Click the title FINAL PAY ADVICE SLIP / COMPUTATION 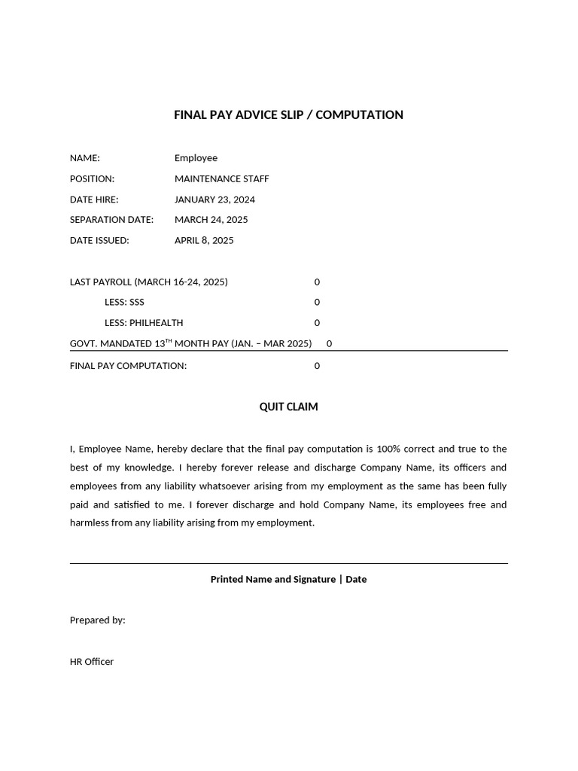point(288,115)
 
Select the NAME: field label point(85,158)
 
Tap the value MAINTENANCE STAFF point(221,179)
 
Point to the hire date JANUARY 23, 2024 point(214,200)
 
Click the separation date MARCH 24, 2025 point(211,220)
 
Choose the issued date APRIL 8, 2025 point(204,241)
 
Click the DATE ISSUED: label point(99,241)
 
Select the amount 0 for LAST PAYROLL point(317,282)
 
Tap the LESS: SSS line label point(124,303)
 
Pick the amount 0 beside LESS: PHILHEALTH point(317,323)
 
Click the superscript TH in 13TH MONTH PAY point(169,340)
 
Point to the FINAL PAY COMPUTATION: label point(128,366)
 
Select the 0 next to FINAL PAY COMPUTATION point(317,366)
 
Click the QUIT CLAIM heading point(288,407)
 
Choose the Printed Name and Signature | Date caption point(288,580)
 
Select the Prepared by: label point(98,620)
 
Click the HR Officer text point(92,662)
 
